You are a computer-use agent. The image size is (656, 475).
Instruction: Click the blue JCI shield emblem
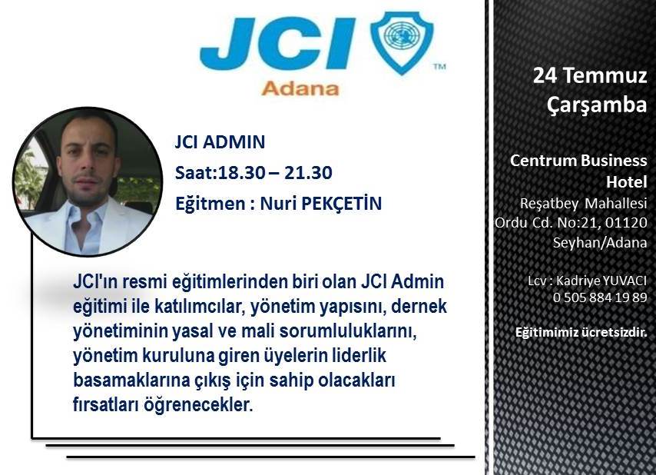click(402, 42)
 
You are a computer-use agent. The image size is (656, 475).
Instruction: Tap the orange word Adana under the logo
click(300, 88)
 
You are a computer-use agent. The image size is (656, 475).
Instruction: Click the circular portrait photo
click(88, 181)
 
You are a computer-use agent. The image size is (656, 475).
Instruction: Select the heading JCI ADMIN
click(220, 142)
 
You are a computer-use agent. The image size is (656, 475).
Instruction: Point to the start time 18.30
click(242, 173)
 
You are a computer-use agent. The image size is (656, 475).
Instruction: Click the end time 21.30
click(308, 173)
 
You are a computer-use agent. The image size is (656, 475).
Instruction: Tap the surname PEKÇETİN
click(341, 204)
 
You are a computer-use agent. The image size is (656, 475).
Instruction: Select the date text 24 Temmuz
click(590, 76)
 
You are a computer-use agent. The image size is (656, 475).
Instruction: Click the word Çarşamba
click(597, 105)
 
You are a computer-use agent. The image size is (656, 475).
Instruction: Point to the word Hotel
click(627, 182)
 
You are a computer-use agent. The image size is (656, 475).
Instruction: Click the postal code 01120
click(626, 223)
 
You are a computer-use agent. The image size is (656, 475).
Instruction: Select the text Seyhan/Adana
click(600, 243)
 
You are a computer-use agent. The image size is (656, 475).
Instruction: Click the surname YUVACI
click(624, 281)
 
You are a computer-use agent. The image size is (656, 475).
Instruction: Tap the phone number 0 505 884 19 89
click(600, 297)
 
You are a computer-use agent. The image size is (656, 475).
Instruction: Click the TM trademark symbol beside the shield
click(439, 66)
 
